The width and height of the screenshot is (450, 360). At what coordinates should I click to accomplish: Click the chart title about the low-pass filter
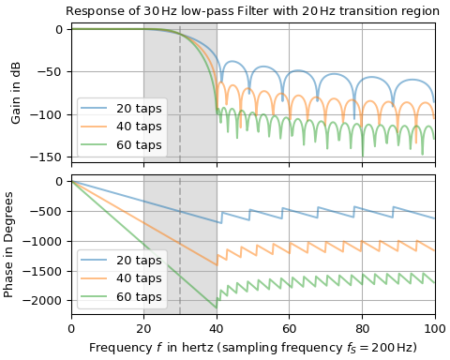tap(252, 11)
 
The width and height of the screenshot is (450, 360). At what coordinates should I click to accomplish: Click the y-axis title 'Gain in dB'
tap(16, 92)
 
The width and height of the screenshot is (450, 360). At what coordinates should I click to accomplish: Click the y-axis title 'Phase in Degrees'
tap(9, 244)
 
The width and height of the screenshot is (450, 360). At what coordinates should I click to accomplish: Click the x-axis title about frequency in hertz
tap(253, 348)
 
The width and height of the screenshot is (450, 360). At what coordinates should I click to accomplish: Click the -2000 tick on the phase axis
tap(46, 300)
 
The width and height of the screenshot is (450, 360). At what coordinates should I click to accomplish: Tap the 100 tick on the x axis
tap(434, 328)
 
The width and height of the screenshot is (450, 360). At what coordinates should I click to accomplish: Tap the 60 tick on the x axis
tap(290, 328)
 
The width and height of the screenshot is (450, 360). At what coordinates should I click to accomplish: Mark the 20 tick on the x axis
tap(143, 328)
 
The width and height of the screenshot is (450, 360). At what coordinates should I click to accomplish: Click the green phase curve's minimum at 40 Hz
tap(217, 307)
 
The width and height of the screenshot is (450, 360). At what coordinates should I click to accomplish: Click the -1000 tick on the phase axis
tap(46, 241)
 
